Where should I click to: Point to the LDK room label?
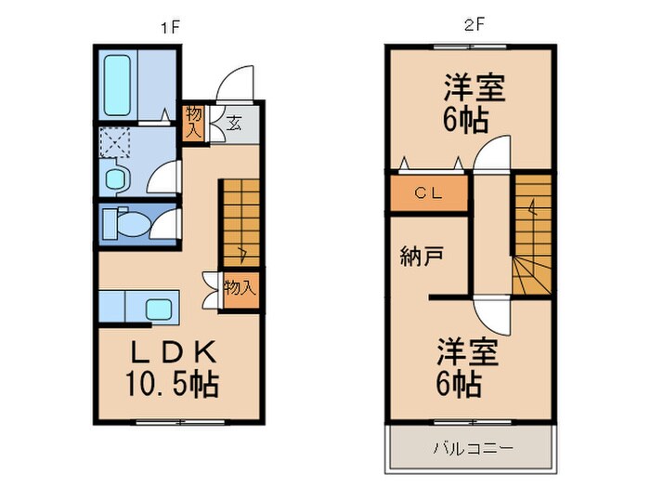(173, 353)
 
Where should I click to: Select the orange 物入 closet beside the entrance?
(193, 123)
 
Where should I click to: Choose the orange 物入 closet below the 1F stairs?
(239, 289)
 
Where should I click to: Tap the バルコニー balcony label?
(472, 449)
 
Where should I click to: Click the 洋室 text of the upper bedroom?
(473, 91)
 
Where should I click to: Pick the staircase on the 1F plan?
(239, 223)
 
